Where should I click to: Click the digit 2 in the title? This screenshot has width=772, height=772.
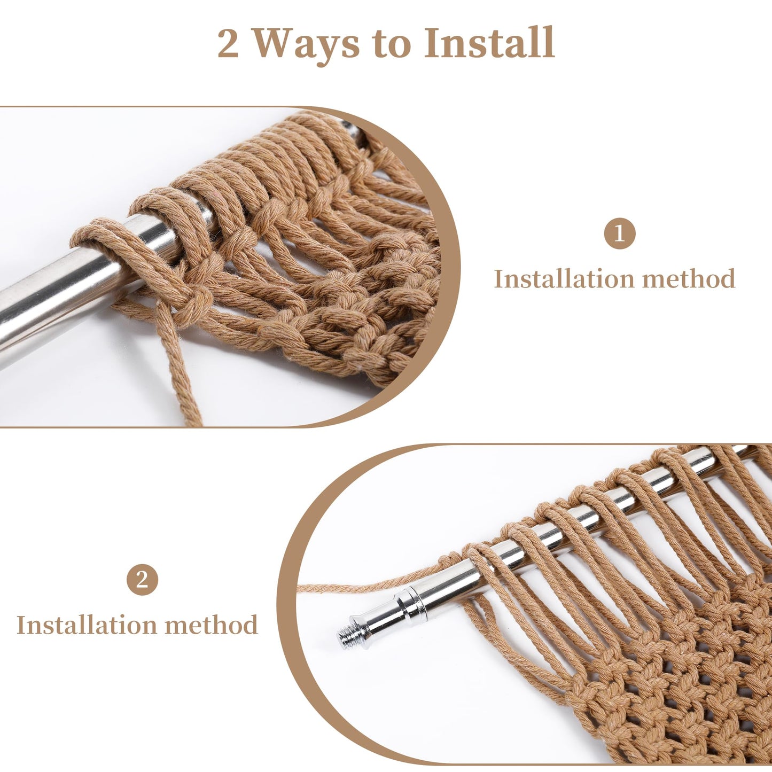228,44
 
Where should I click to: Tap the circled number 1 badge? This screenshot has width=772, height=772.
619,233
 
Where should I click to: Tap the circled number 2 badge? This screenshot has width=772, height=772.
142,579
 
